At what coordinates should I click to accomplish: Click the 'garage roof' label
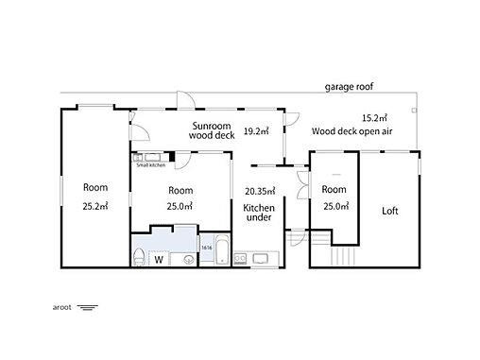[x=349, y=87]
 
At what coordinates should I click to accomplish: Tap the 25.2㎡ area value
[x=95, y=206]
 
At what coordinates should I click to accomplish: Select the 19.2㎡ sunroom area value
[x=256, y=131]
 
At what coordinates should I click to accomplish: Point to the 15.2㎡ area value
[x=374, y=118]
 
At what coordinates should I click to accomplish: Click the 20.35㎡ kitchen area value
[x=260, y=191]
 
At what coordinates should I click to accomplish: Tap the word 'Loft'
[x=390, y=211]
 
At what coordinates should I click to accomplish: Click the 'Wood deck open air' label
[x=351, y=131]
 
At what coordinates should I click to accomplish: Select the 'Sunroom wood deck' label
[x=212, y=130]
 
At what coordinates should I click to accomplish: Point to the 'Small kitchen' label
[x=150, y=164]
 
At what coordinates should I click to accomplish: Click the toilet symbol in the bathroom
[x=139, y=256]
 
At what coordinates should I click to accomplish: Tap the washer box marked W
[x=159, y=259]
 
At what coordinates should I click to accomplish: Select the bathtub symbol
[x=222, y=249]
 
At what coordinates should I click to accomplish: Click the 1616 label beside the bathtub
[x=207, y=248]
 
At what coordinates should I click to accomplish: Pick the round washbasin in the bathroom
[x=189, y=260]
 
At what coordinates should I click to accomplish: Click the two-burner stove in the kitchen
[x=240, y=259]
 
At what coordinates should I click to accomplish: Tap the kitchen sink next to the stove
[x=260, y=259]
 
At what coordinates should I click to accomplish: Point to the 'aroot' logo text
[x=61, y=307]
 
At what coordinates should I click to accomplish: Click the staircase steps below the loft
[x=343, y=256]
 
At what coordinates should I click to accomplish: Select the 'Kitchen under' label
[x=259, y=213]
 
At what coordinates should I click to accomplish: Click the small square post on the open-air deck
[x=415, y=111]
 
